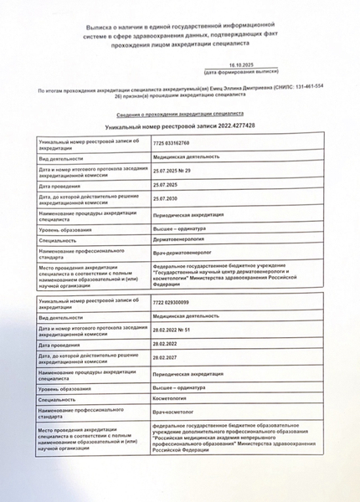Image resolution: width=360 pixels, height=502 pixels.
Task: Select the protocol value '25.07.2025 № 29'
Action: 172,171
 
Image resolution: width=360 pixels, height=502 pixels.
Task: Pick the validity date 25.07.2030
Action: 167,199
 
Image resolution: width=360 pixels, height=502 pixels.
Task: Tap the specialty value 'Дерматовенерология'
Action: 179,239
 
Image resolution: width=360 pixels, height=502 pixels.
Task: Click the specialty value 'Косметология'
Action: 172,400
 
